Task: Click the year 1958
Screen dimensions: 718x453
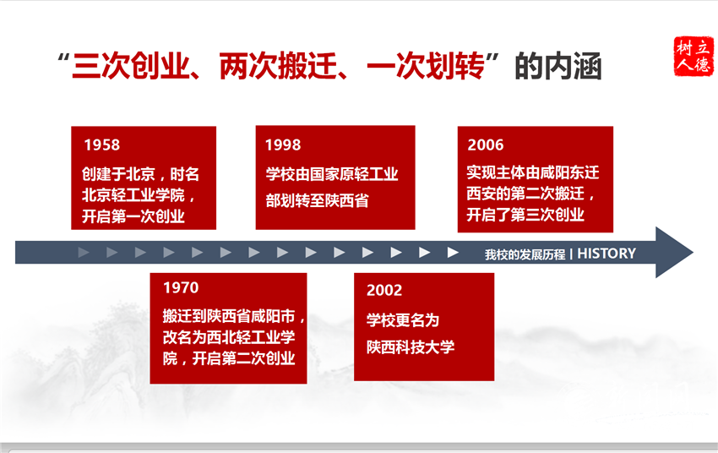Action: pyautogui.click(x=102, y=145)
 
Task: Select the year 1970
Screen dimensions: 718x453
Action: pyautogui.click(x=181, y=287)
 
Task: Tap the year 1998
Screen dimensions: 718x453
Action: pyautogui.click(x=283, y=145)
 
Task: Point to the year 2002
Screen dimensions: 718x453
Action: pyautogui.click(x=384, y=290)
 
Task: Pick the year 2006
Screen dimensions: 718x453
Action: pyautogui.click(x=486, y=145)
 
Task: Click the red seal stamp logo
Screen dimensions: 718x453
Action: pyautogui.click(x=694, y=56)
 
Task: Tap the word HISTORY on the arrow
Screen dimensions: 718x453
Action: pyautogui.click(x=606, y=254)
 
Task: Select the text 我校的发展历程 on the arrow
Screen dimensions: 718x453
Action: pyautogui.click(x=525, y=254)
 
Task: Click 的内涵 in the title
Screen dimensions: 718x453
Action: pyautogui.click(x=558, y=66)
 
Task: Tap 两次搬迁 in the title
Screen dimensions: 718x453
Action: pyautogui.click(x=279, y=66)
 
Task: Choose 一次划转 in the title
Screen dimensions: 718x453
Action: pyautogui.click(x=426, y=66)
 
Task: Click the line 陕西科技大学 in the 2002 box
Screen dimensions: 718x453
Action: pyautogui.click(x=411, y=347)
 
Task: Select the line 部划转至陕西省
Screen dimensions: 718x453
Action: pyautogui.click(x=318, y=200)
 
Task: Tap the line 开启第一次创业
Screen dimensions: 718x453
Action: pyautogui.click(x=133, y=216)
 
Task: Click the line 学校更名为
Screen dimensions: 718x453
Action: pyautogui.click(x=403, y=319)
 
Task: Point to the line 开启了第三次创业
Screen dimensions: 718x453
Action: pyautogui.click(x=525, y=215)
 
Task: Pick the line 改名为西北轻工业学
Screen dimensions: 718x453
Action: pyautogui.click(x=229, y=337)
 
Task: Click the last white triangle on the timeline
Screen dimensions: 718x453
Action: pyautogui.click(x=453, y=253)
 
